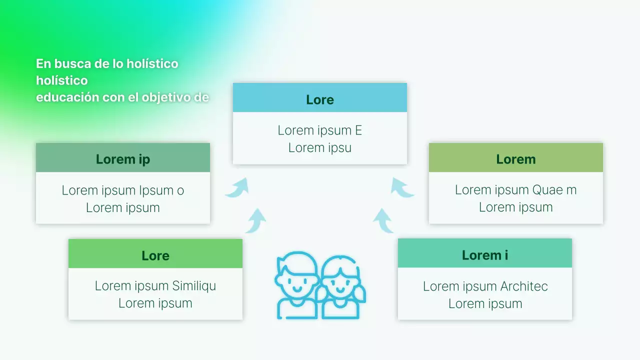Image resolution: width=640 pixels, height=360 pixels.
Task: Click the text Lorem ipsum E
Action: coord(320,130)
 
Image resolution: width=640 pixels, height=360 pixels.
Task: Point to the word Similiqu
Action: coord(194,286)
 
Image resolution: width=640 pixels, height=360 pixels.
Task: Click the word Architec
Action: coord(524,286)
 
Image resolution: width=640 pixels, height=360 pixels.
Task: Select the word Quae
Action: coord(547,190)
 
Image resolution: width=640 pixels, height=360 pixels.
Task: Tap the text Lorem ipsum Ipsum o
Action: coord(123,190)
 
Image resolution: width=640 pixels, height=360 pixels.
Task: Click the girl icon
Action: coord(342,287)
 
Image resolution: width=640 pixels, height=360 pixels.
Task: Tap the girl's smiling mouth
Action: coord(341,289)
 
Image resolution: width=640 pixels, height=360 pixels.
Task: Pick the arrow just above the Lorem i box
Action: coord(383,220)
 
